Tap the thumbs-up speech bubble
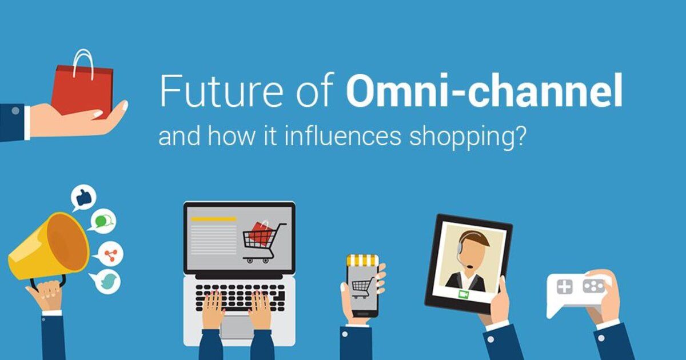pyautogui.click(x=83, y=197)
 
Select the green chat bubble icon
pyautogui.click(x=103, y=221)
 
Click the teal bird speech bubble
pyautogui.click(x=108, y=281)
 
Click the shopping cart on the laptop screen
pyautogui.click(x=264, y=240)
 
